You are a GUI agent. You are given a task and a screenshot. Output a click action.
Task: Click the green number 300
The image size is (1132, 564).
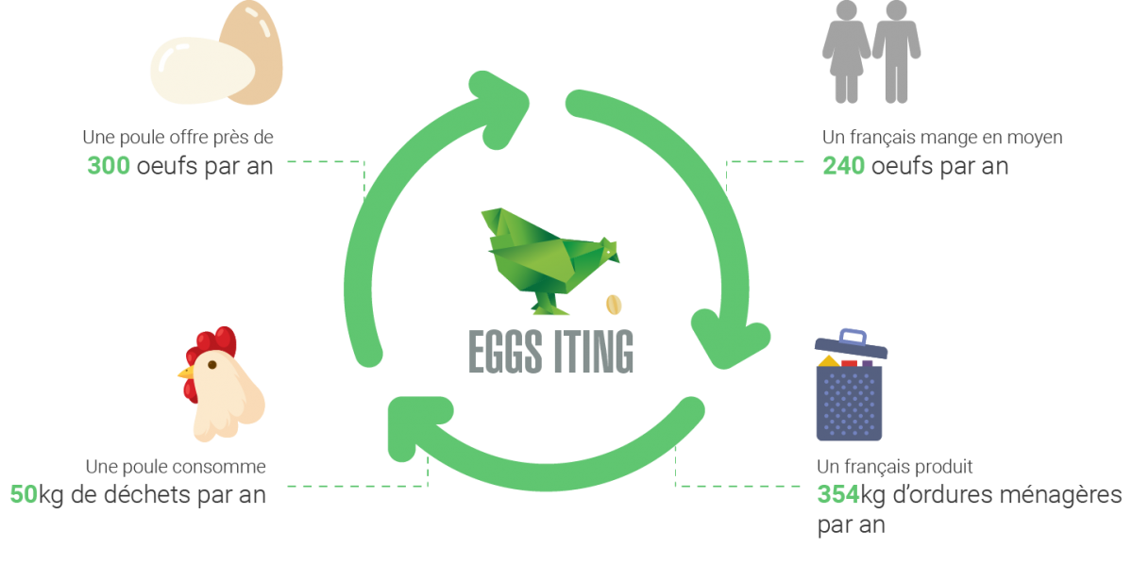109,166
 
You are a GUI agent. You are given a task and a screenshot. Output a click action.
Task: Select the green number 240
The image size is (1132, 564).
843,166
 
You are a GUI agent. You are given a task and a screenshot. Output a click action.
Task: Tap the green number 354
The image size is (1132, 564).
837,494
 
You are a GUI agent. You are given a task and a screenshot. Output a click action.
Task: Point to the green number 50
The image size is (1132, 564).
23,494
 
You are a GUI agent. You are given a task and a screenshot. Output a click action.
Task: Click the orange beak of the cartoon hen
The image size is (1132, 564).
186,372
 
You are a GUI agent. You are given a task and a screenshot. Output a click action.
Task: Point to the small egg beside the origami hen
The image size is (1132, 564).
614,304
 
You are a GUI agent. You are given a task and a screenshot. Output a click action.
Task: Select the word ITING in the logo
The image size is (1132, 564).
592,351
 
